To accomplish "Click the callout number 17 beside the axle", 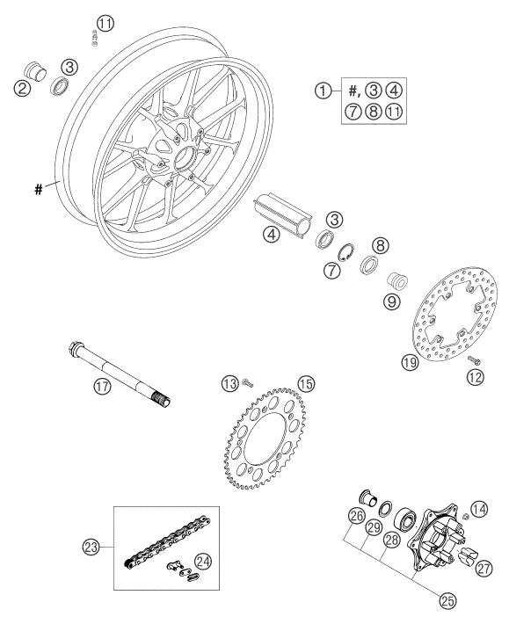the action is pyautogui.click(x=103, y=386).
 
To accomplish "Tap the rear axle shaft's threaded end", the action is pyautogui.click(x=162, y=399).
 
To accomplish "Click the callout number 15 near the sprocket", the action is pyautogui.click(x=306, y=384).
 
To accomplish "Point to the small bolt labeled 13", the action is pyautogui.click(x=247, y=383).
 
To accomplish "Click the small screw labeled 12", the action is pyautogui.click(x=474, y=359).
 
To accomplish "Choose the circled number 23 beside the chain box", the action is pyautogui.click(x=91, y=548).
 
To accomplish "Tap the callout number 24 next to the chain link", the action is pyautogui.click(x=203, y=562).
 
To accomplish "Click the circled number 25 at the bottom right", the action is pyautogui.click(x=447, y=601).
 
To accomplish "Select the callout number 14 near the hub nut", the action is pyautogui.click(x=479, y=509).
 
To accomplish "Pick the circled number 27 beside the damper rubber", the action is pyautogui.click(x=484, y=569).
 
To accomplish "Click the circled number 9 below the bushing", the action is pyautogui.click(x=391, y=301).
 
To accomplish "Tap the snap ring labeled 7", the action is pyautogui.click(x=345, y=253).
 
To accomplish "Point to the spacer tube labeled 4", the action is pyautogui.click(x=284, y=214).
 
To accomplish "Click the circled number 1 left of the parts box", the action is pyautogui.click(x=324, y=91).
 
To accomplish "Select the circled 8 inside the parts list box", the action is pyautogui.click(x=374, y=112).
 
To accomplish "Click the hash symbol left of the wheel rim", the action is pyautogui.click(x=38, y=190).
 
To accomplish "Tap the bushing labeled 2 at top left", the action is pyautogui.click(x=36, y=72).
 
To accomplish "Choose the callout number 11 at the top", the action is pyautogui.click(x=105, y=24).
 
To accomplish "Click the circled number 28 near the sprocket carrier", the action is pyautogui.click(x=391, y=540).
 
